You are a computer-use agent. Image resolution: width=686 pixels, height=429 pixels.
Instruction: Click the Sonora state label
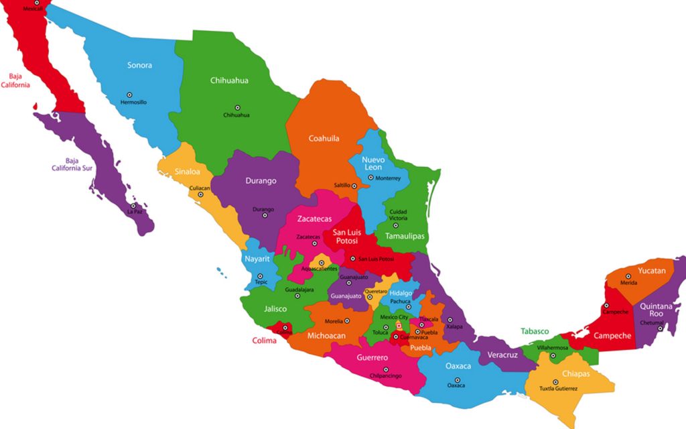coord(139,65)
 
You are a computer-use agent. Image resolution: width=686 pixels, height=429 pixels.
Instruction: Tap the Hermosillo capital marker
coord(129,95)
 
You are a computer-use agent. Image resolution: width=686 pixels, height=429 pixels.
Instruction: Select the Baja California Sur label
coord(72,164)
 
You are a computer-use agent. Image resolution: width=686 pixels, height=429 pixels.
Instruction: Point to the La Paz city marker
coord(133,206)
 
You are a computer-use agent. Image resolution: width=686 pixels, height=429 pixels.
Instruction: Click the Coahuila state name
coord(324,139)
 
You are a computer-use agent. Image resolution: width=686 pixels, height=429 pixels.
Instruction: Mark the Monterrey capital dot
coord(370,178)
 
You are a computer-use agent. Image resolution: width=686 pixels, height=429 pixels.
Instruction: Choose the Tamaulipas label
coord(405,237)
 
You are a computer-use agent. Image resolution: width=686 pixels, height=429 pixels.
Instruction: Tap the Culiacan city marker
coord(200,195)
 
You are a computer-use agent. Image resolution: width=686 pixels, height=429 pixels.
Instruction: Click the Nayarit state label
coord(257,259)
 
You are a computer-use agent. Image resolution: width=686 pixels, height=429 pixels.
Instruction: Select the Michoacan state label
coord(326,335)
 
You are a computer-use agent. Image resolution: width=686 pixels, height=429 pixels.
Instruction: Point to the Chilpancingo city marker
coord(385,369)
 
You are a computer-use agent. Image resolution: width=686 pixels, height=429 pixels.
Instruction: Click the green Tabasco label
coord(535,331)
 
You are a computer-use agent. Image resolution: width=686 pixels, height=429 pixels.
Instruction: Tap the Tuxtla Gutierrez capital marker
coord(555,382)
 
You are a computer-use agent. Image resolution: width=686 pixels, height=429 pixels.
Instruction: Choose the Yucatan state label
coord(652,271)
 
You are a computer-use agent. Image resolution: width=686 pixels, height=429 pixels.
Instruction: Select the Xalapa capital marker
coord(450,320)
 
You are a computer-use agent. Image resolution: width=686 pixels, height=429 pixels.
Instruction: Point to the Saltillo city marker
coord(355,186)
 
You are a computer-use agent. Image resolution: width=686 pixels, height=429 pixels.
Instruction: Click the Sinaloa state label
coord(188,172)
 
